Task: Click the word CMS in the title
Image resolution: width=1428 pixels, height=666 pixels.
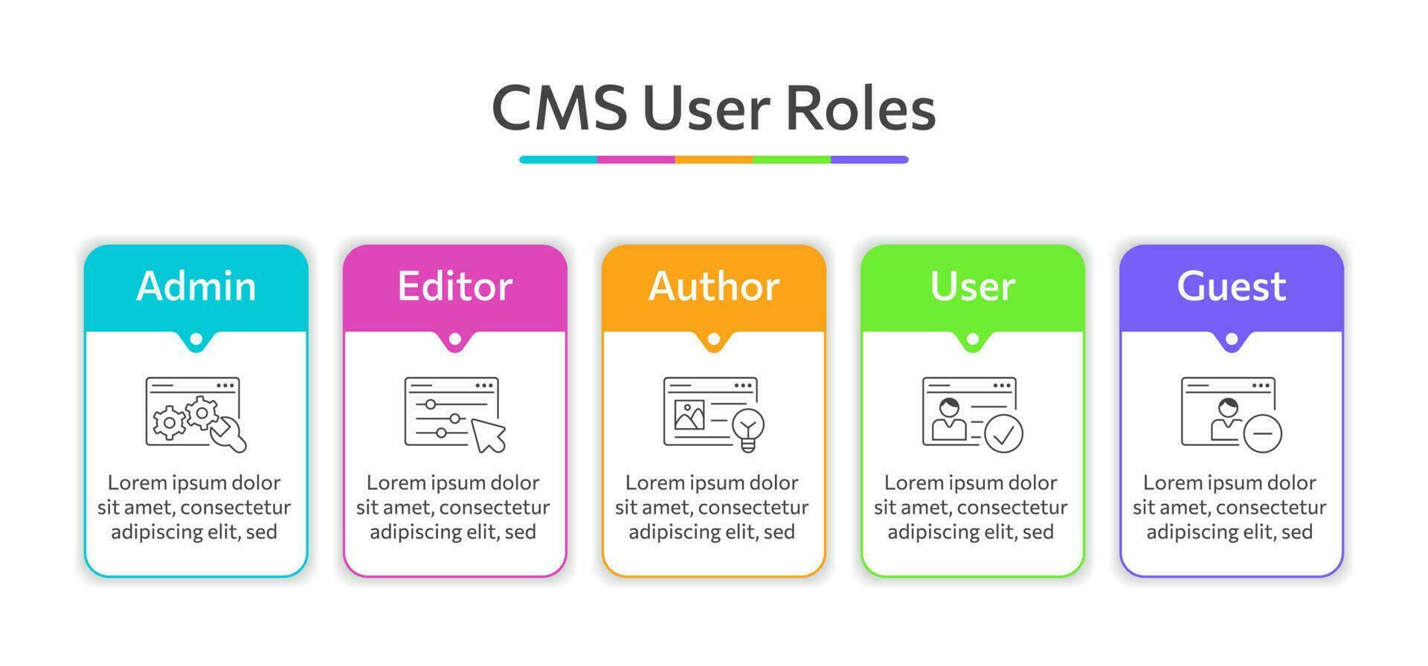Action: pos(559,109)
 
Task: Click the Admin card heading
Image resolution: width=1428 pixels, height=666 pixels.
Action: pos(196,286)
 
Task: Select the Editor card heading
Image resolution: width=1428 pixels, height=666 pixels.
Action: pos(455,286)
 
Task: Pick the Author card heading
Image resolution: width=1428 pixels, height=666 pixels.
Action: pos(714,286)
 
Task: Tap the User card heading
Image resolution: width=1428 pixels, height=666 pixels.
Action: pos(973,286)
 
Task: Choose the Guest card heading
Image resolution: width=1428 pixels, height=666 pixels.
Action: pos(1232,286)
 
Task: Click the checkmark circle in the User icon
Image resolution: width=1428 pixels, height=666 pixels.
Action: pos(1004,433)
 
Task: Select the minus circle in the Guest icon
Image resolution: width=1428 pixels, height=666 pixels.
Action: pos(1263,433)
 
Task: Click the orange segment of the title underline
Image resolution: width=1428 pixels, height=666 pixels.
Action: pos(714,160)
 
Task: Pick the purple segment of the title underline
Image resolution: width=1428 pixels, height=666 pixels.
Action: pos(869,160)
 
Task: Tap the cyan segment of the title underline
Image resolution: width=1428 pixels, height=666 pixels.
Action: pos(559,160)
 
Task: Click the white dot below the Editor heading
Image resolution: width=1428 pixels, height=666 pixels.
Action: pos(455,339)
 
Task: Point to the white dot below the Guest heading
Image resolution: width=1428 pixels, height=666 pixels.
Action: pos(1232,339)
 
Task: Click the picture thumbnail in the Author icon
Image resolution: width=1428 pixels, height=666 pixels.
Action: pos(689,416)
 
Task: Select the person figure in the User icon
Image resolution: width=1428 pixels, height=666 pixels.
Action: pos(949,420)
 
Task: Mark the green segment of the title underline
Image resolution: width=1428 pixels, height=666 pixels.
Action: pos(791,160)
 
